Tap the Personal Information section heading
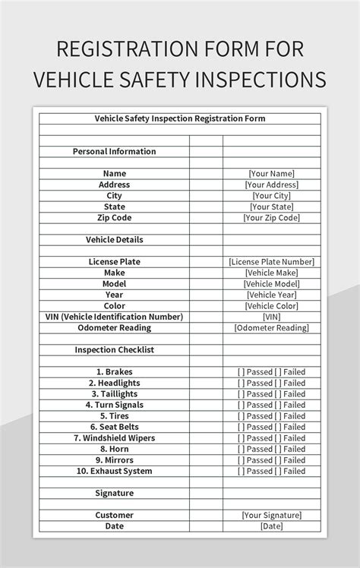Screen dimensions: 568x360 click(x=114, y=151)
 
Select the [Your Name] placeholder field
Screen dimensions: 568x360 click(x=271, y=173)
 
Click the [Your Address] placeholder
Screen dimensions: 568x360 click(x=271, y=185)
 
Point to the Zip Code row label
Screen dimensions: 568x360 click(x=114, y=217)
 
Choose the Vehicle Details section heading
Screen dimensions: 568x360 click(x=114, y=239)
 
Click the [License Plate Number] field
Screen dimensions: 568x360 click(x=271, y=261)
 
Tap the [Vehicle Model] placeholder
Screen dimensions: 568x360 click(x=271, y=283)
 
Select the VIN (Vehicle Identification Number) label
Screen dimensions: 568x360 click(x=114, y=317)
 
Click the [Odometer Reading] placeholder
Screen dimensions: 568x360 click(x=271, y=328)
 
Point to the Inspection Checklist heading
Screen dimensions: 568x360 click(x=114, y=350)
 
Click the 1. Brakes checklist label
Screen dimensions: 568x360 click(x=114, y=372)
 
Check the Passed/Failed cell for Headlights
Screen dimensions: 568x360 click(x=271, y=383)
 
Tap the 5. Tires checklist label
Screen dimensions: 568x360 click(x=114, y=416)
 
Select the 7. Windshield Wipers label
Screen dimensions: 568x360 click(x=114, y=438)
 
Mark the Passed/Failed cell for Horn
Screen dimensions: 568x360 click(x=271, y=450)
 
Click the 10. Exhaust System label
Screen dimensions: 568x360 click(x=114, y=472)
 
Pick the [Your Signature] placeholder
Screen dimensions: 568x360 click(x=271, y=515)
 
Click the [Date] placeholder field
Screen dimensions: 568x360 click(x=271, y=526)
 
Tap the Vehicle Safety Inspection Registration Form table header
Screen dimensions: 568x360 click(x=179, y=118)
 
